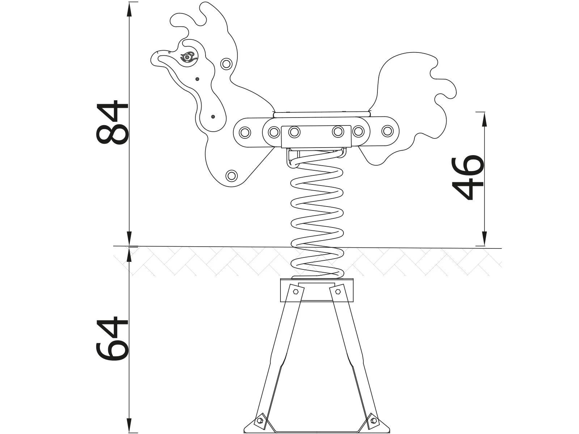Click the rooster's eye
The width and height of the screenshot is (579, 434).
click(187, 57)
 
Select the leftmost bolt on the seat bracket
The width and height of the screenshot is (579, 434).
click(245, 132)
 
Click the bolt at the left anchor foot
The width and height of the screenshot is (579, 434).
click(259, 421)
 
